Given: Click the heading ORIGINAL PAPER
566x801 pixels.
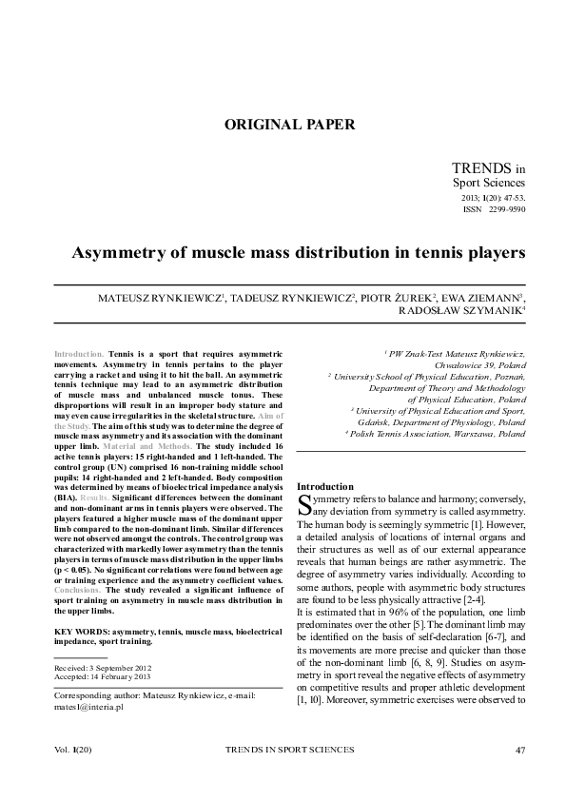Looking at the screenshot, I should (289, 124).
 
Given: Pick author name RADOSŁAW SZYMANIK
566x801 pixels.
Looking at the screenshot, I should (460, 310).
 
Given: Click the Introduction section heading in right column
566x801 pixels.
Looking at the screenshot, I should (325, 487).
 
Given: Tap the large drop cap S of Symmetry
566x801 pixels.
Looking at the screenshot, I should (304, 504).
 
